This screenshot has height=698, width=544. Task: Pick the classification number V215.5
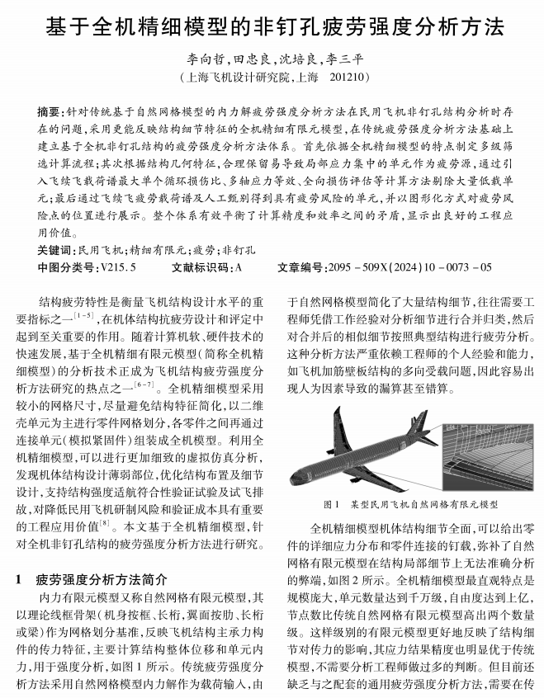click(118, 266)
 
